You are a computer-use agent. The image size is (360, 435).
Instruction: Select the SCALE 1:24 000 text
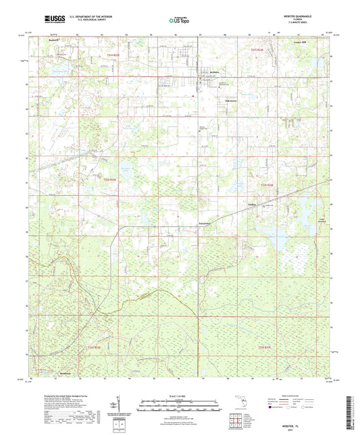(180, 396)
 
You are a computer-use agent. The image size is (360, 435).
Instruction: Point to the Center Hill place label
(303, 41)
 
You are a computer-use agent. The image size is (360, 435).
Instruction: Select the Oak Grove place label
(231, 101)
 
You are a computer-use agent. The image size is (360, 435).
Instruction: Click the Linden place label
(253, 205)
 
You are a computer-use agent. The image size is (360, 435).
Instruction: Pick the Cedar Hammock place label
(322, 218)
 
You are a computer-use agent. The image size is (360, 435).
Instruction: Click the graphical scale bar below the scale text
(180, 403)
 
